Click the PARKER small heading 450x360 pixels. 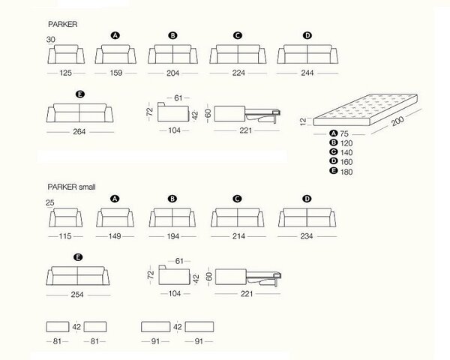(x=71, y=187)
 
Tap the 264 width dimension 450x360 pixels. (x=79, y=132)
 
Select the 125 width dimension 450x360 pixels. (x=65, y=73)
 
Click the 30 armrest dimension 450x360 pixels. (x=51, y=39)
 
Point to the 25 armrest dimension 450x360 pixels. (x=50, y=202)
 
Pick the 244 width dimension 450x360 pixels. (x=307, y=73)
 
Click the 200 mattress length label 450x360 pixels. (x=397, y=121)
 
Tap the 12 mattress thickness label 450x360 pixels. (x=303, y=121)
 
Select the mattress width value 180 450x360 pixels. (x=346, y=172)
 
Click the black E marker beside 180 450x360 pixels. (x=333, y=171)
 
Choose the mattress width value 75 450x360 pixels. (x=344, y=133)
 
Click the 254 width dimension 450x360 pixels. (x=77, y=295)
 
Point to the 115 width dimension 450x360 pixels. (x=65, y=236)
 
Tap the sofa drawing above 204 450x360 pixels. (x=172, y=54)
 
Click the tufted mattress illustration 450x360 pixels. (x=365, y=109)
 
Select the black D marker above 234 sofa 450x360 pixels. (x=307, y=199)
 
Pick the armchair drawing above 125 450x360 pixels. (x=66, y=54)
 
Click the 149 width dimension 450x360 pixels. (x=115, y=236)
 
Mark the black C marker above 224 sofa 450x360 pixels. (x=238, y=35)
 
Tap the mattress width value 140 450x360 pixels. (x=346, y=152)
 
